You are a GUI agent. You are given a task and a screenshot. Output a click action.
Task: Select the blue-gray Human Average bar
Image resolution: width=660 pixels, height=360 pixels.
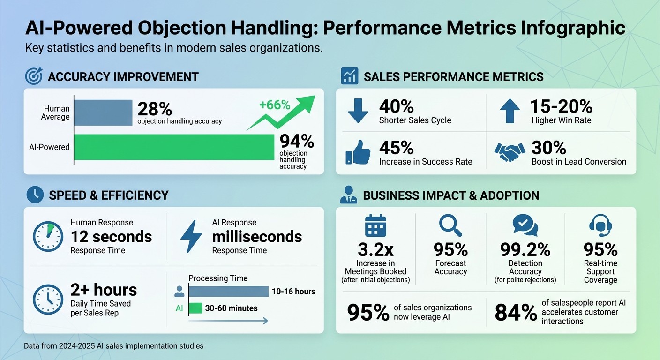click(x=103, y=112)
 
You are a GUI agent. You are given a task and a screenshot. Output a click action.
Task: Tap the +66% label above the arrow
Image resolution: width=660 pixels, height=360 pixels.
click(x=275, y=105)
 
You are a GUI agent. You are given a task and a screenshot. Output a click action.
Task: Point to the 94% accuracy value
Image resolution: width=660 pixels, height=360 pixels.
click(x=296, y=141)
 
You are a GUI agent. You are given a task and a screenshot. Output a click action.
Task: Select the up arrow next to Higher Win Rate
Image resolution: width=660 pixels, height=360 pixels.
click(x=510, y=111)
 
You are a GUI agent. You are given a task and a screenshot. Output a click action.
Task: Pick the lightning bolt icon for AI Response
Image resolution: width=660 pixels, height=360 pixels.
click(x=191, y=236)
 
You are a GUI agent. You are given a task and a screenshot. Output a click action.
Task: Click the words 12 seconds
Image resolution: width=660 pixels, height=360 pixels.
click(x=111, y=237)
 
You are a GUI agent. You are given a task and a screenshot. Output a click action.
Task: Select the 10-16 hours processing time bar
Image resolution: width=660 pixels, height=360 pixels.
click(x=228, y=292)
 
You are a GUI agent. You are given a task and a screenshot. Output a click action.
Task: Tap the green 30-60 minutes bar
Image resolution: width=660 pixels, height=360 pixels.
click(x=195, y=308)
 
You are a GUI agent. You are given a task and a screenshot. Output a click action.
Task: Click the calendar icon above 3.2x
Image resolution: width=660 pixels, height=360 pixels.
click(x=375, y=225)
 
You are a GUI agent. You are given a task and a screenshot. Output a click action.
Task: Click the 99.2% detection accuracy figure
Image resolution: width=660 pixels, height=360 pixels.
click(x=525, y=248)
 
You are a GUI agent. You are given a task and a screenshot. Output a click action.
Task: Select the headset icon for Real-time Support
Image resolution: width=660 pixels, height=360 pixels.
click(x=600, y=225)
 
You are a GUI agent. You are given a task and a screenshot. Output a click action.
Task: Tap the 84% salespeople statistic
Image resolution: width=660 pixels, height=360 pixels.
click(x=516, y=313)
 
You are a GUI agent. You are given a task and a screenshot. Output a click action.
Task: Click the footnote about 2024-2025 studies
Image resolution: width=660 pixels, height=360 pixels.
click(x=113, y=346)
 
